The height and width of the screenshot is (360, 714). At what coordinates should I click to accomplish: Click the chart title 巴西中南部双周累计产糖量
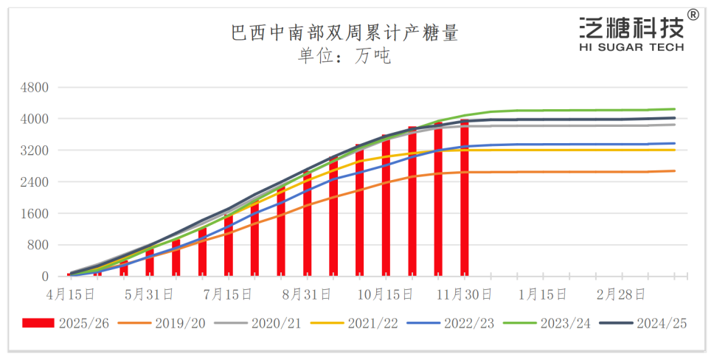click(344, 32)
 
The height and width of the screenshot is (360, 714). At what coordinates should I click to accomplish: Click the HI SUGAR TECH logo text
click(632, 47)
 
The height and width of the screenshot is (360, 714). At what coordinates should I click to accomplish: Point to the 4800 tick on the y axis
click(34, 87)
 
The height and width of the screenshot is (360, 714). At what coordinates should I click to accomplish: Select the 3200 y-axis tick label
click(34, 150)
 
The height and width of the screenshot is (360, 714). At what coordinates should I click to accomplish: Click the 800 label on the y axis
click(38, 245)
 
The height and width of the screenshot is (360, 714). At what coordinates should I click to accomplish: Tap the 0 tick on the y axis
click(45, 277)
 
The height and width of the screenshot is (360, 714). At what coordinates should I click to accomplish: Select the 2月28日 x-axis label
click(621, 294)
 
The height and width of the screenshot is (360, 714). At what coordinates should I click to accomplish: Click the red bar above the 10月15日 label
click(385, 206)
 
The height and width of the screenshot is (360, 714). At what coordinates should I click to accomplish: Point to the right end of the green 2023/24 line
click(674, 109)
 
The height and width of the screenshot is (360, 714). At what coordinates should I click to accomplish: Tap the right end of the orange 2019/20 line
click(674, 170)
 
